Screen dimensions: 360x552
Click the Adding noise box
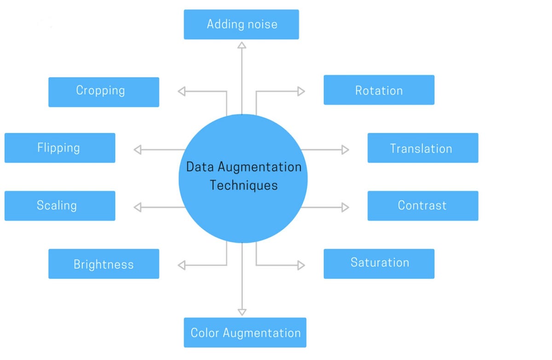(x=241, y=24)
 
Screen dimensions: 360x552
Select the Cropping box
(x=103, y=92)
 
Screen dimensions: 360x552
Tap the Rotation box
(x=379, y=90)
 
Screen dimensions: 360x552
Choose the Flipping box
(x=60, y=148)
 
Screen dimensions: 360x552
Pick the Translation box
(x=423, y=148)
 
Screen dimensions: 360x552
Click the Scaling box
(x=60, y=206)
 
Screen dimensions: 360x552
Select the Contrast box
(x=423, y=206)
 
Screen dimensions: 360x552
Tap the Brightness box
(x=103, y=264)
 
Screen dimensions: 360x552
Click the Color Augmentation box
(x=245, y=332)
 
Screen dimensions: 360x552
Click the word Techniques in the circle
(x=244, y=185)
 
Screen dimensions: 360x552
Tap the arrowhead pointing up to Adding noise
(x=242, y=45)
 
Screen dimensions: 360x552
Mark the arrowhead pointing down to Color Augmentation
(x=242, y=312)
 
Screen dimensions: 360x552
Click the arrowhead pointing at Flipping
(x=137, y=150)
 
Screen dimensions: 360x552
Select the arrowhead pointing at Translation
(x=345, y=150)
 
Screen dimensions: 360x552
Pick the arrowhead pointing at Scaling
(x=137, y=208)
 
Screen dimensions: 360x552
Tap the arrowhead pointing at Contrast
(x=345, y=208)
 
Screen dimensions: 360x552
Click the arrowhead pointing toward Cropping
(x=181, y=91)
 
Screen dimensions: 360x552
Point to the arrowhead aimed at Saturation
(x=301, y=265)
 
